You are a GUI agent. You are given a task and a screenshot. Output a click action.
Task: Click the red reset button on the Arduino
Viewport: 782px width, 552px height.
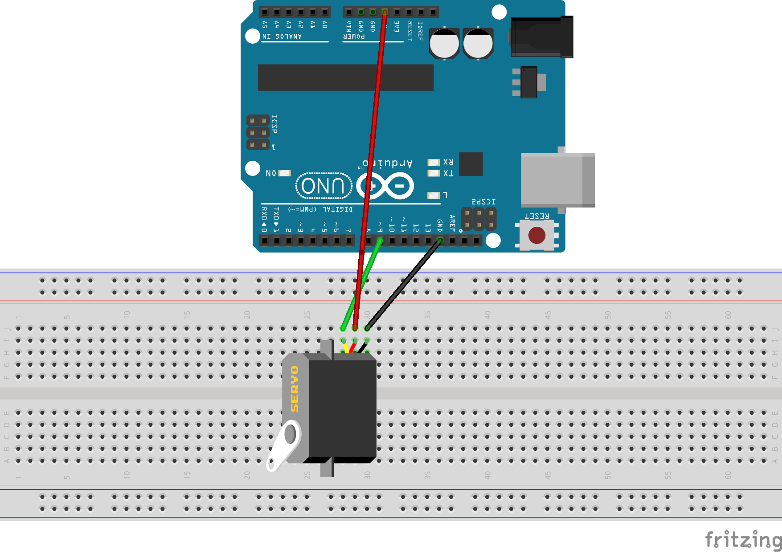pos(536,235)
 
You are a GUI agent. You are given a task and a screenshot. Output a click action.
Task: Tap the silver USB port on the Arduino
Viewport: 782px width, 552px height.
pos(557,180)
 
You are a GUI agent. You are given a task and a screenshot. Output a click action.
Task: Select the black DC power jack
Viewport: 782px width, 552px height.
pos(541,37)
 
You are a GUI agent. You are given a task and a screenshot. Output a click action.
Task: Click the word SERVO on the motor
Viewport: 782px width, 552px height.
pos(295,389)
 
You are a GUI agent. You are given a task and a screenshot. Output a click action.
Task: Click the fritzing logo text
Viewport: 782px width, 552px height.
pos(743,540)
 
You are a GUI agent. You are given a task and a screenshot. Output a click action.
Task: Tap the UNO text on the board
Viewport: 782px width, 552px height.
pos(323,186)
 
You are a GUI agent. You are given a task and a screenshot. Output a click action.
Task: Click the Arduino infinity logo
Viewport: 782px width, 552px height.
pos(385,186)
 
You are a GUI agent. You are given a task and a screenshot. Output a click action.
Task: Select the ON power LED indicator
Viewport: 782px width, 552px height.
pos(284,173)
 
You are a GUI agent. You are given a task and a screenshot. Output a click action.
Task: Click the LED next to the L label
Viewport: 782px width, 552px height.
pos(434,195)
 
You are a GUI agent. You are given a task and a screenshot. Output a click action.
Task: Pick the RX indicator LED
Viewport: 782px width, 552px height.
pos(434,162)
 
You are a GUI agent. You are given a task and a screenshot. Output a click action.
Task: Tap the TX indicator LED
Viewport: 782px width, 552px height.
pos(434,173)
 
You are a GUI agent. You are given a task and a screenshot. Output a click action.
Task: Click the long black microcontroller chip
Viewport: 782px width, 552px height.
pos(346,78)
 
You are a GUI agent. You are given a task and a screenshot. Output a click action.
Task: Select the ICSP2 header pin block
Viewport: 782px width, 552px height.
pos(479,218)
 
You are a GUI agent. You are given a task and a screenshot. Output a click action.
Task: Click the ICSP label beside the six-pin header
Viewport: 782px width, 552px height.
pos(274,124)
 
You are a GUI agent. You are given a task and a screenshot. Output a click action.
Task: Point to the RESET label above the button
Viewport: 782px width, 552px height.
pos(536,216)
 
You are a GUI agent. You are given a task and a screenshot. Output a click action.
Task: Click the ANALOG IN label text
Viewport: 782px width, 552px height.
pos(282,36)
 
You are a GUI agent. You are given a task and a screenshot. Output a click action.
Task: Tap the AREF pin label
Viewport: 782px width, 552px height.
pos(452,223)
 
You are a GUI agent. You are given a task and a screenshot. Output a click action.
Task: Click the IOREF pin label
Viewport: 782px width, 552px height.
pos(420,30)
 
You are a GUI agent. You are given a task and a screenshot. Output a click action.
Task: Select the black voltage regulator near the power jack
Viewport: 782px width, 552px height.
pos(529,82)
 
